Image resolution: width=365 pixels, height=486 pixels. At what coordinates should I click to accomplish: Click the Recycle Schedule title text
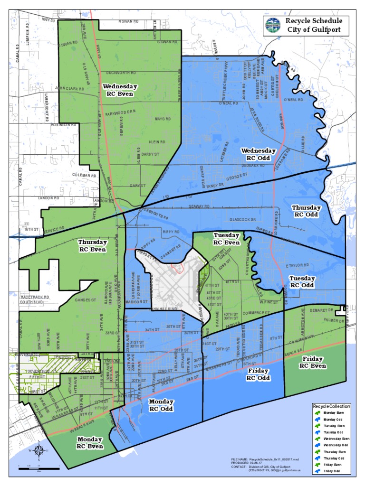pyautogui.click(x=313, y=21)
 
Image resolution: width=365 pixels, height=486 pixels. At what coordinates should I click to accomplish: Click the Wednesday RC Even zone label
pyautogui.click(x=120, y=90)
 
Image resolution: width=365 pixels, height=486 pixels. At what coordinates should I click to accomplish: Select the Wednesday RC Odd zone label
pyautogui.click(x=259, y=154)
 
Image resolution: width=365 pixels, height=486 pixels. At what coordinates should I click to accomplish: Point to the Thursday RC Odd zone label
pyautogui.click(x=306, y=211)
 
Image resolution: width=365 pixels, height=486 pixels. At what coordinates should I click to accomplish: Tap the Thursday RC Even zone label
pyautogui.click(x=92, y=245)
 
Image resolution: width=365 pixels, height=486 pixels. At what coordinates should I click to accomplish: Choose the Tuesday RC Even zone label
pyautogui.click(x=226, y=239)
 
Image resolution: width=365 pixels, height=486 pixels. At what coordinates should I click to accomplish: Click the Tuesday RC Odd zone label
pyautogui.click(x=302, y=281)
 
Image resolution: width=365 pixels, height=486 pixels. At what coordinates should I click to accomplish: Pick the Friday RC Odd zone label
pyautogui.click(x=259, y=374)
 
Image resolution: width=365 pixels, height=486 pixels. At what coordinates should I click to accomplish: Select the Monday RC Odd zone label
pyautogui.click(x=161, y=405)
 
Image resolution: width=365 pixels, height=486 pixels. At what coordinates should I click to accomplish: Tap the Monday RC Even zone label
pyautogui.click(x=90, y=442)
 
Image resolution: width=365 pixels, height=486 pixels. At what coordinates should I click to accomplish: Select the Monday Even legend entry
pyautogui.click(x=332, y=413)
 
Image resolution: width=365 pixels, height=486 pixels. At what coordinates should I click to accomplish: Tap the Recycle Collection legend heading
pyautogui.click(x=332, y=406)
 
